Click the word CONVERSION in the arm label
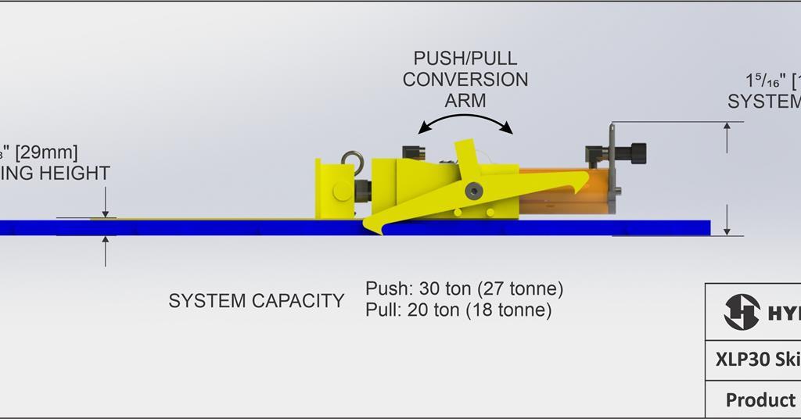tap(465, 80)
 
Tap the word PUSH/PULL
tap(465, 59)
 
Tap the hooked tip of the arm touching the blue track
tap(372, 227)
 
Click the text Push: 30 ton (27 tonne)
tap(464, 288)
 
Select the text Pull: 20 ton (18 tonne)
tap(458, 310)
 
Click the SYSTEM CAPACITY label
tap(256, 301)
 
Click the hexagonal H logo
tap(742, 312)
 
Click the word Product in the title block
tap(760, 399)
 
